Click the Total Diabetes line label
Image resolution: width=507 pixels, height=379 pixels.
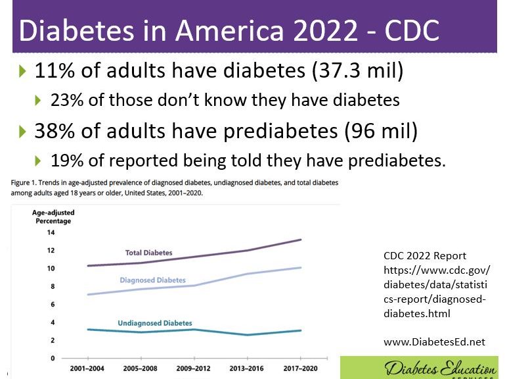[149, 253]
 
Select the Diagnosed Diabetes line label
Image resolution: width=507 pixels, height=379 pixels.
[152, 280]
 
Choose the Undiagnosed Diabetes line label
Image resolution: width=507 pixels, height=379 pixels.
[155, 323]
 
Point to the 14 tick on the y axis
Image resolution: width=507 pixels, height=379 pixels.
[51, 232]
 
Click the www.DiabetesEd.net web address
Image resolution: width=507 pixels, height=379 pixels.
[433, 341]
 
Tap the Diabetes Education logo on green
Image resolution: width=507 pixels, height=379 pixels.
[423, 368]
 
